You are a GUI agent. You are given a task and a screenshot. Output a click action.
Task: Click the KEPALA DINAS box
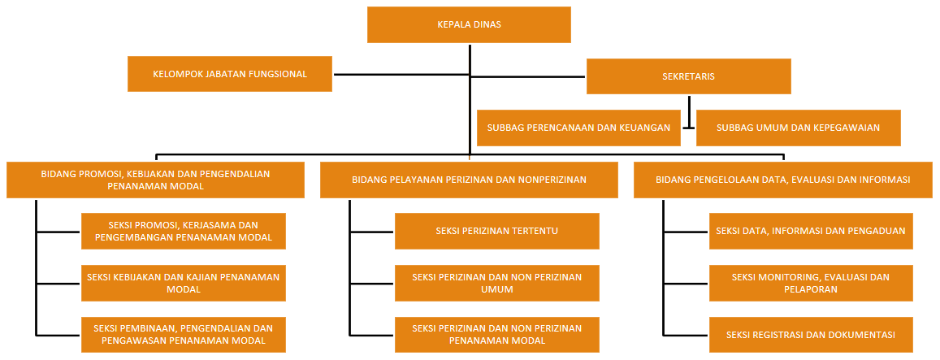tap(469, 24)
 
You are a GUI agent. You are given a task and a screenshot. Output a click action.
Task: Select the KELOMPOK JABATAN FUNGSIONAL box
tap(230, 74)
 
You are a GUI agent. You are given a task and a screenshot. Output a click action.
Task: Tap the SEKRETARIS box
tap(689, 76)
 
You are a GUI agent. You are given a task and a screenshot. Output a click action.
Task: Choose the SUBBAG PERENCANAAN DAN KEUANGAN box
tap(578, 128)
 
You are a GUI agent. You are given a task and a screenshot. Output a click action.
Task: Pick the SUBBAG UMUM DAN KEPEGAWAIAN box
tap(799, 128)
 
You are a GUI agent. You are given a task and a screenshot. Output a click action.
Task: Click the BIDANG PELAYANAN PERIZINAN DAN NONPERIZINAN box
tap(469, 180)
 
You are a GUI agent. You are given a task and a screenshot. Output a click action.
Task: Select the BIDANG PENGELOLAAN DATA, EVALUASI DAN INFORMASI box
tap(783, 180)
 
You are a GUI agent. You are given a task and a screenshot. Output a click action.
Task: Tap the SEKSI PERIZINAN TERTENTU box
tap(497, 231)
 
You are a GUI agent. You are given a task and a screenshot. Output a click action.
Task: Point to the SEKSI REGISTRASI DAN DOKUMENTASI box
tap(811, 335)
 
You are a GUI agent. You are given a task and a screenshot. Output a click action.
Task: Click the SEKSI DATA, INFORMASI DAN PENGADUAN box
tap(811, 231)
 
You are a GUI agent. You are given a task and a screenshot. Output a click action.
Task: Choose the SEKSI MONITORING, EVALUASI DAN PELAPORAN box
tap(811, 283)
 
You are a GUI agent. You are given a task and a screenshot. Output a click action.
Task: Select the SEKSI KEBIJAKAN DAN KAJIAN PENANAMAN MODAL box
tap(184, 283)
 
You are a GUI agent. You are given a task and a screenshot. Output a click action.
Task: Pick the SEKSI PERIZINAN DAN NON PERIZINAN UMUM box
tap(497, 283)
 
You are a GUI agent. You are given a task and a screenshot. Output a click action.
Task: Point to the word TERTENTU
tap(535, 231)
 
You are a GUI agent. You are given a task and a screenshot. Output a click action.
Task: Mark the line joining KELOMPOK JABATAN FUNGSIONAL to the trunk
tap(401, 75)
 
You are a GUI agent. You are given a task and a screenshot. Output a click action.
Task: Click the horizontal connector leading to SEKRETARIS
tap(527, 77)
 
